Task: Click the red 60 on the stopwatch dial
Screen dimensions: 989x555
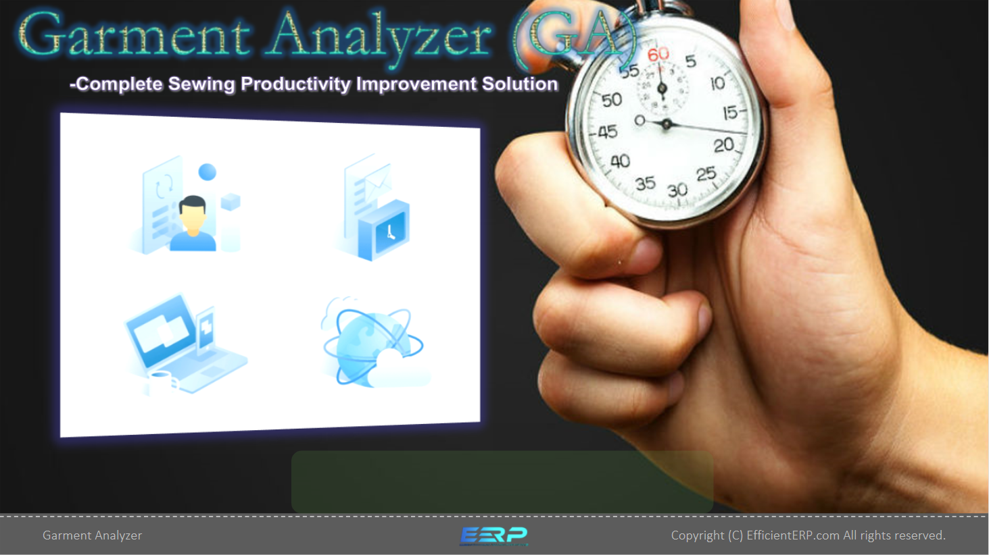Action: (658, 55)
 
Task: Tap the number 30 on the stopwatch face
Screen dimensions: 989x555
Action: (677, 190)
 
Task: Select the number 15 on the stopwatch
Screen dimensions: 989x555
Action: (729, 113)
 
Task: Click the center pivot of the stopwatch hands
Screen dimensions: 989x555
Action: (667, 125)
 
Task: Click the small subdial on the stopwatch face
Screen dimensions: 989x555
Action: (661, 88)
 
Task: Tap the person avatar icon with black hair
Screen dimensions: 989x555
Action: (193, 223)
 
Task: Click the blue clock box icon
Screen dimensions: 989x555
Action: (384, 230)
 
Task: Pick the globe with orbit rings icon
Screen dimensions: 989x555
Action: (372, 342)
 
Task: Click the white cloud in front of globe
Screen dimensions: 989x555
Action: (398, 369)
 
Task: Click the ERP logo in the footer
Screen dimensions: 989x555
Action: (493, 536)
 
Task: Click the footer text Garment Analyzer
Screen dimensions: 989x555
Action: (93, 535)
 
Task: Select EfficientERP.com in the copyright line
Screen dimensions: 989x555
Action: (793, 535)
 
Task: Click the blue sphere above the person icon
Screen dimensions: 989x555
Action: (208, 172)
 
